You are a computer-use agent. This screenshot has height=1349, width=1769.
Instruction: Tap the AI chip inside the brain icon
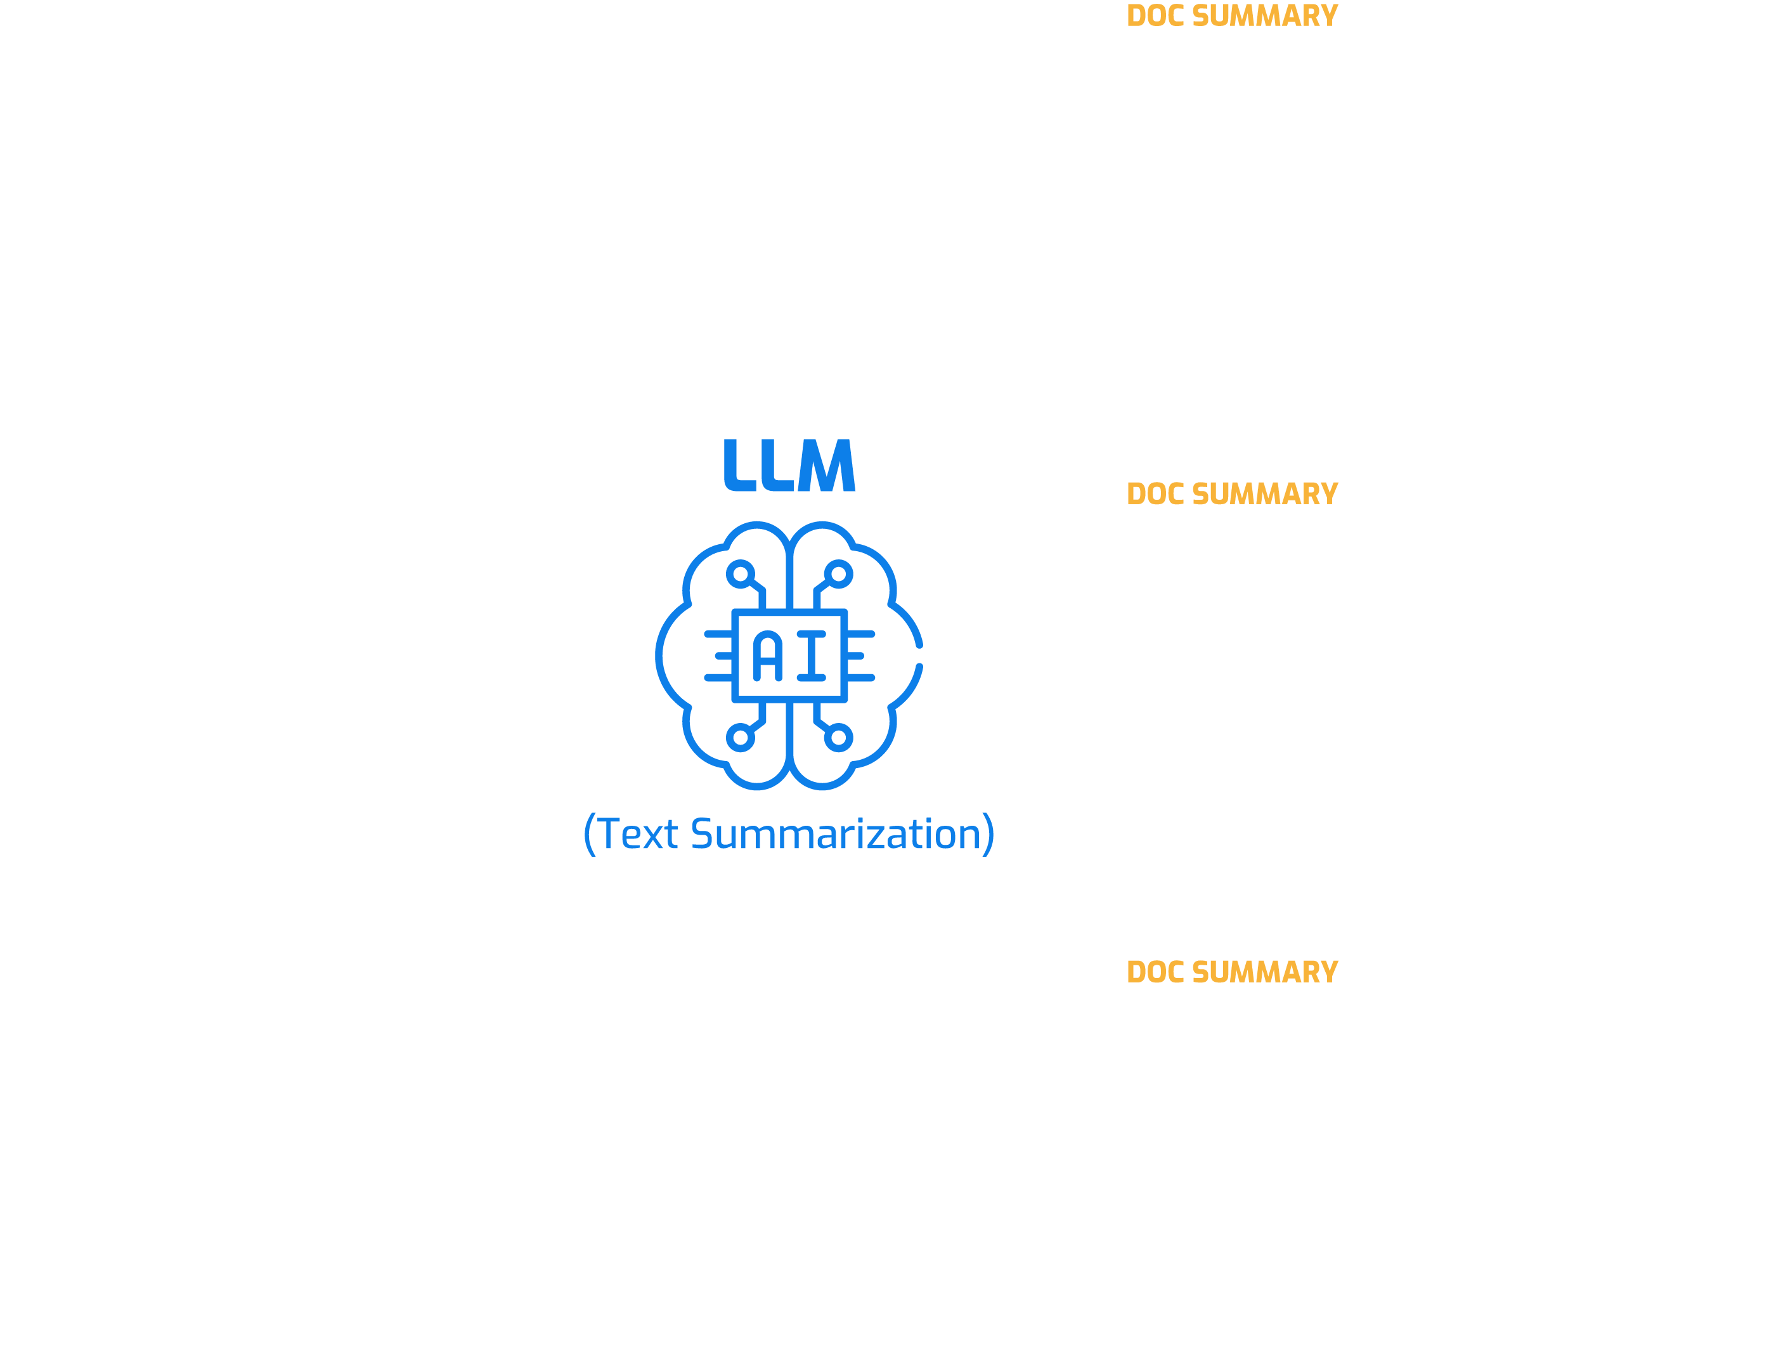pos(789,655)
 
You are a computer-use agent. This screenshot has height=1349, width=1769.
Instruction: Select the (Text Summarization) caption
pos(789,834)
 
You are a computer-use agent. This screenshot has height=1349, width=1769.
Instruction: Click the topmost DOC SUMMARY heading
pos(1232,16)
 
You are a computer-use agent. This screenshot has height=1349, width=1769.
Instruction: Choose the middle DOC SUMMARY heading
pos(1232,494)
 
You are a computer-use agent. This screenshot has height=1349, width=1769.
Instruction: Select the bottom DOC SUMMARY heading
pos(1232,972)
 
